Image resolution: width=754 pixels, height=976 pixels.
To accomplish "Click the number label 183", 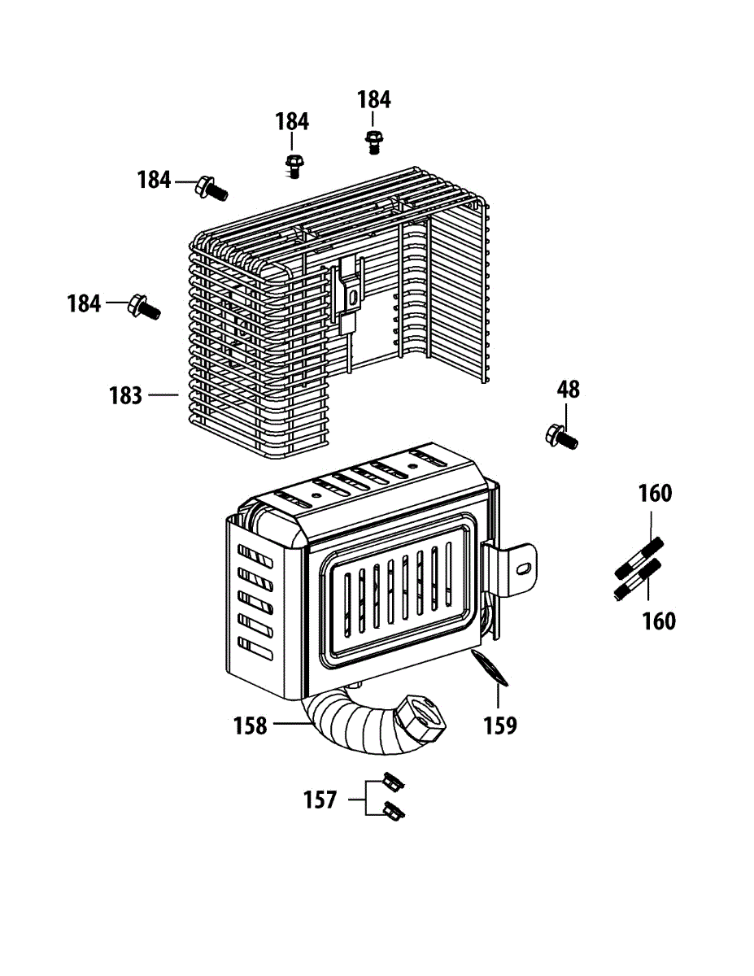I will point(126,396).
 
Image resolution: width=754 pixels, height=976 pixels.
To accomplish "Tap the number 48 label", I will point(569,390).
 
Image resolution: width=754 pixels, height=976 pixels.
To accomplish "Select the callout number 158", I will point(251,725).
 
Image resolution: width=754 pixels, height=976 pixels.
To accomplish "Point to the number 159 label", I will point(500,725).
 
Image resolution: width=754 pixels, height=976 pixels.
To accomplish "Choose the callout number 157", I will point(320,800).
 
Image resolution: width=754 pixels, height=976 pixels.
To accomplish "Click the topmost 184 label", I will point(374,100).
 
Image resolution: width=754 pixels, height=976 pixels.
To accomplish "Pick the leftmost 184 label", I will point(84,304).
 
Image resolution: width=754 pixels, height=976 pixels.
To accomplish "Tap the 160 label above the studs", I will point(655,494).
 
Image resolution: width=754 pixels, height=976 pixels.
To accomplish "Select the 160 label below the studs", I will point(659,621).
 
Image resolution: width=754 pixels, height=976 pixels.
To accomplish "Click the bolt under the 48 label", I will point(561,437).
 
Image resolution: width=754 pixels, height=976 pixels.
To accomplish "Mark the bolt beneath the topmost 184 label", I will point(373,142).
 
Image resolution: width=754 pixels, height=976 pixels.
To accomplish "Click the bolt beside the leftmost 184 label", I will point(144,308).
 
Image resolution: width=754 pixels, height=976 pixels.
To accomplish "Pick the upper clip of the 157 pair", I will point(394,783).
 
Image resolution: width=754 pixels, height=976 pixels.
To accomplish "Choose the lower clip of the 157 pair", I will point(395,811).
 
